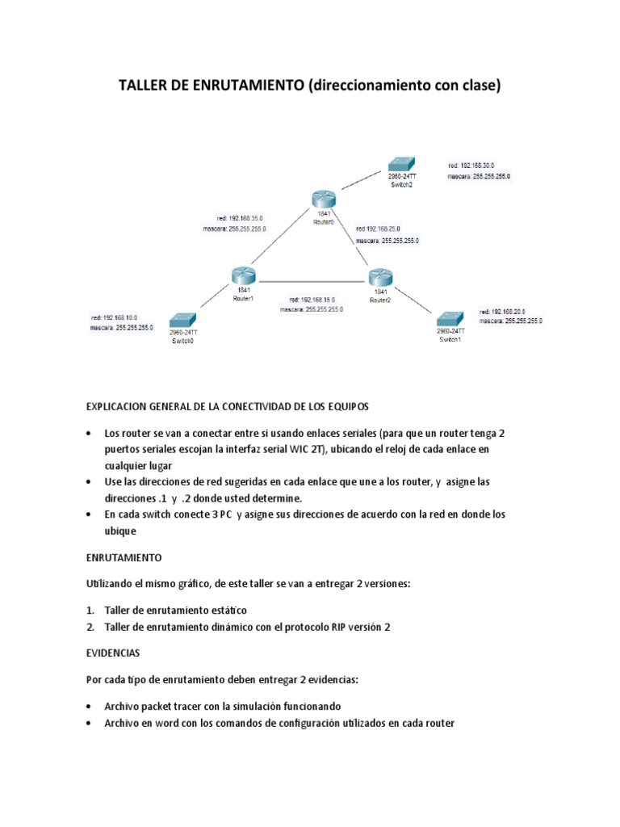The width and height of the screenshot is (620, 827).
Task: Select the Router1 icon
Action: (x=242, y=276)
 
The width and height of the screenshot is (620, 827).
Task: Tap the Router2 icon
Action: (x=380, y=277)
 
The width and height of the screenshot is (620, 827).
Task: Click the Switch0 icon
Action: (x=183, y=321)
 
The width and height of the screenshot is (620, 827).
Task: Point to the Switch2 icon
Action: (x=401, y=164)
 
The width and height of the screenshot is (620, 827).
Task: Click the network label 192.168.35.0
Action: (x=240, y=218)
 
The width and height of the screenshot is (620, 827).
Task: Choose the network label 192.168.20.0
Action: (x=503, y=311)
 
